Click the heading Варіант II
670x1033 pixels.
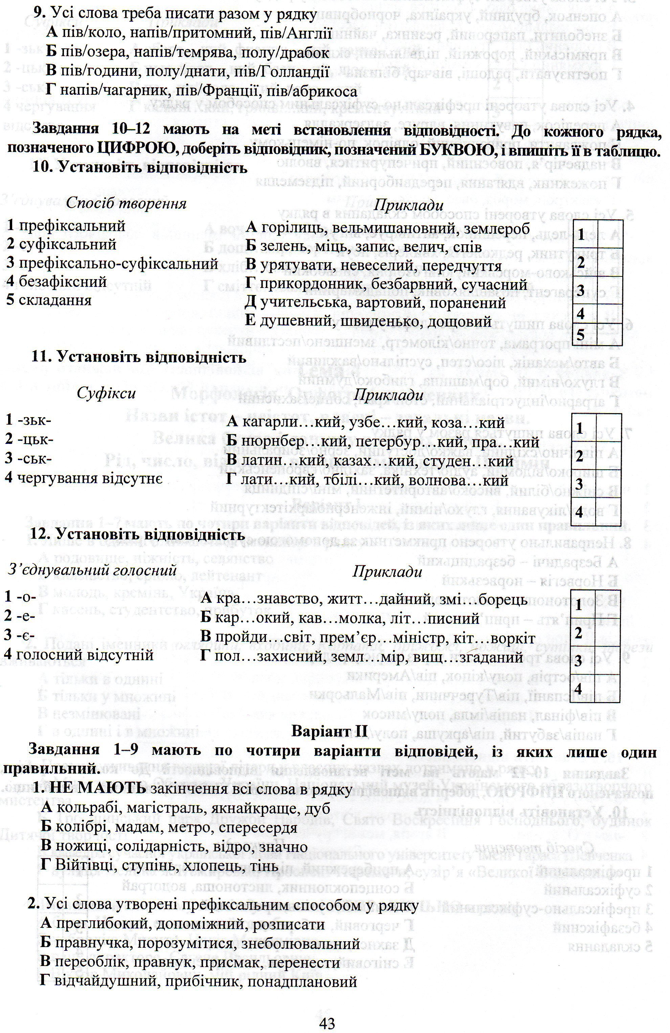coord(330,732)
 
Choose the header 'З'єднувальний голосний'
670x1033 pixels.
coord(92,570)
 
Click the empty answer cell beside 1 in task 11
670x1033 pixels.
coord(609,428)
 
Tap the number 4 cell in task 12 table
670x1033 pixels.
coord(578,688)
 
